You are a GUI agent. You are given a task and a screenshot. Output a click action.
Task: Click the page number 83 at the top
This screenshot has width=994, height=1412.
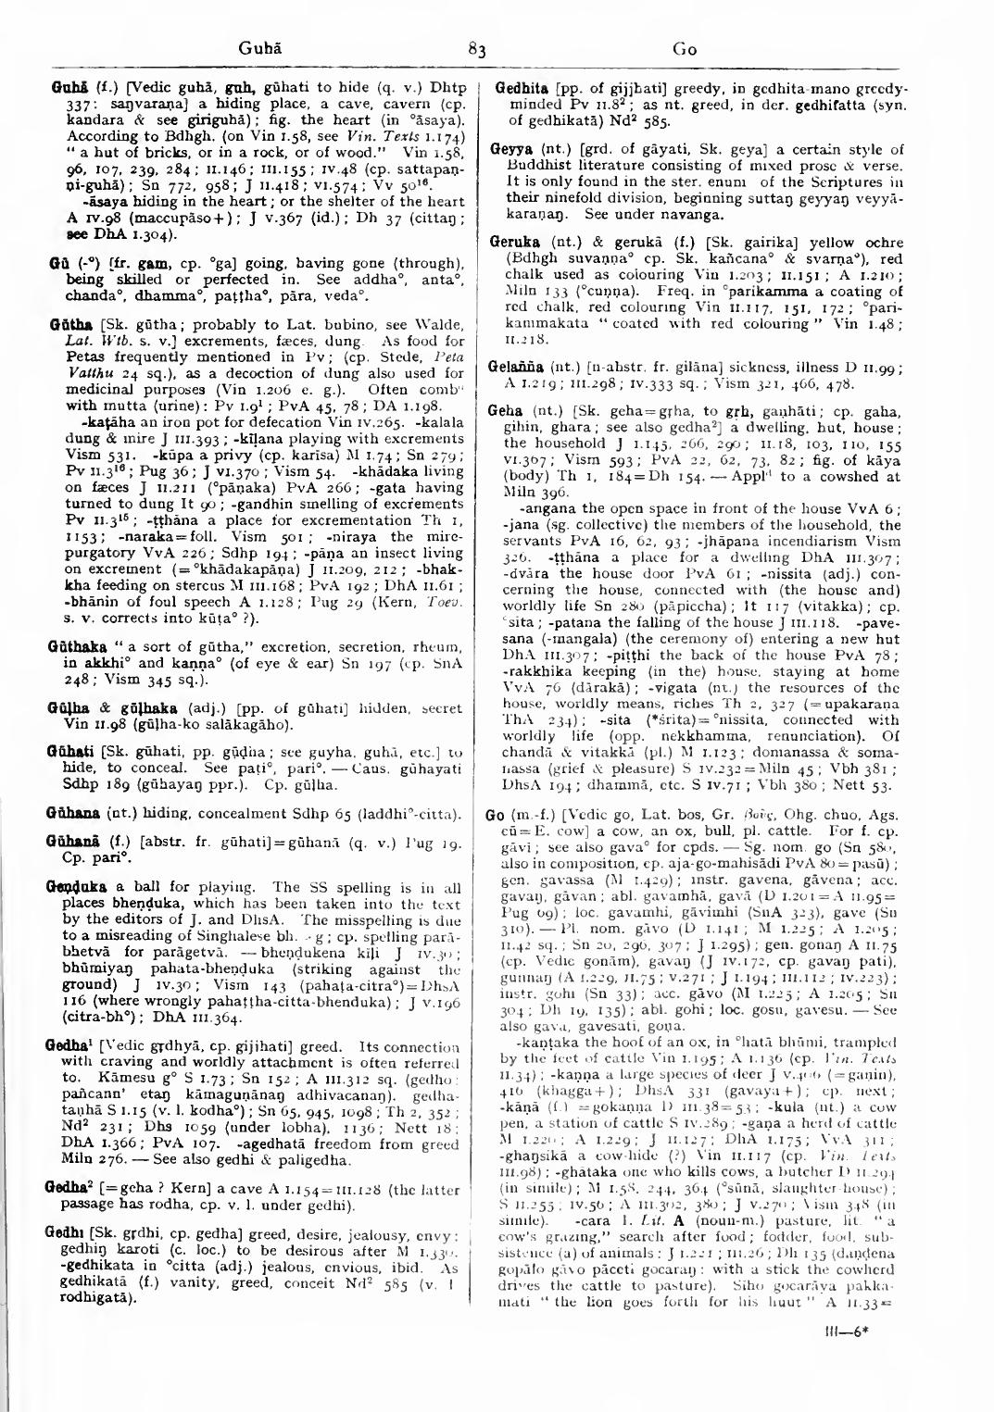[x=477, y=50]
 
